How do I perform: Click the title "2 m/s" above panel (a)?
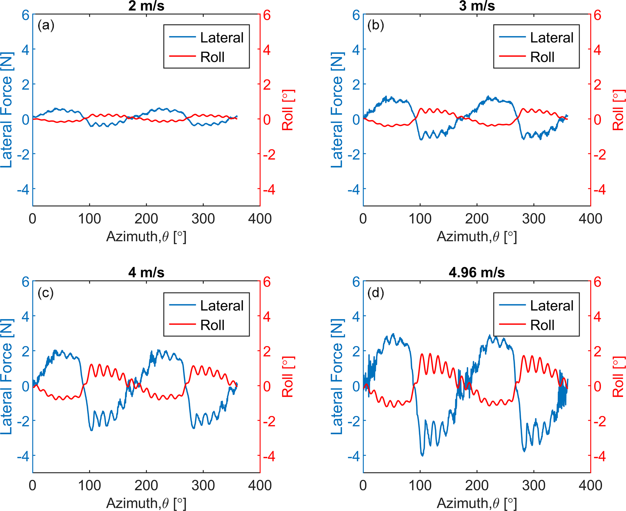(x=146, y=6)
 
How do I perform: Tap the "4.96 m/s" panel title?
(x=477, y=273)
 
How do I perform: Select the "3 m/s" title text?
(x=477, y=6)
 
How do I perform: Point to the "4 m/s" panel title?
(x=146, y=273)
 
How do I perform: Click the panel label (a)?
(x=46, y=25)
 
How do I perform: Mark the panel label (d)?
(x=376, y=293)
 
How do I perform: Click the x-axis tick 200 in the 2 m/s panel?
(x=146, y=219)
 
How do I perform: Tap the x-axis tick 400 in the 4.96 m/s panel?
(x=590, y=486)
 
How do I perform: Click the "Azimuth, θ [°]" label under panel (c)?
(x=146, y=503)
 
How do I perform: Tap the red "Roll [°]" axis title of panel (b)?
(x=619, y=110)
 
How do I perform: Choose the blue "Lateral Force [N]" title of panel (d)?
(x=337, y=377)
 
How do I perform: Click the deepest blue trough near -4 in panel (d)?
(x=422, y=455)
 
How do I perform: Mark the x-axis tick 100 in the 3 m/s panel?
(x=420, y=219)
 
